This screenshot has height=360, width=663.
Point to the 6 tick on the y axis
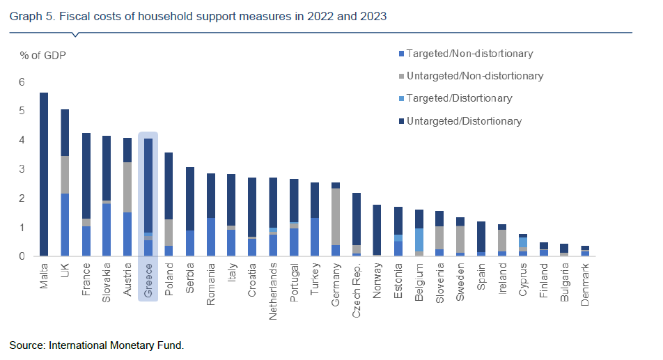click(22, 82)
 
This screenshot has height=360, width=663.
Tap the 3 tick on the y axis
click(22, 169)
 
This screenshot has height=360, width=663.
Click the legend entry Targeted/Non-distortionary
click(470, 54)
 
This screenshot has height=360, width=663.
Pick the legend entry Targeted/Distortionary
click(459, 98)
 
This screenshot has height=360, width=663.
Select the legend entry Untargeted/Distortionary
click(464, 121)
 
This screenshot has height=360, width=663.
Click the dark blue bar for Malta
click(44, 174)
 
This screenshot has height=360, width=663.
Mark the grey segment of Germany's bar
click(335, 217)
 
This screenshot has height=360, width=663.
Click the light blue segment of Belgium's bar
click(419, 240)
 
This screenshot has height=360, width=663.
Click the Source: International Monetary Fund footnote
click(96, 345)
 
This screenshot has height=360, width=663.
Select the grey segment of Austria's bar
click(127, 187)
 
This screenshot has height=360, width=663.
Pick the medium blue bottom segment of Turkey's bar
click(314, 237)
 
